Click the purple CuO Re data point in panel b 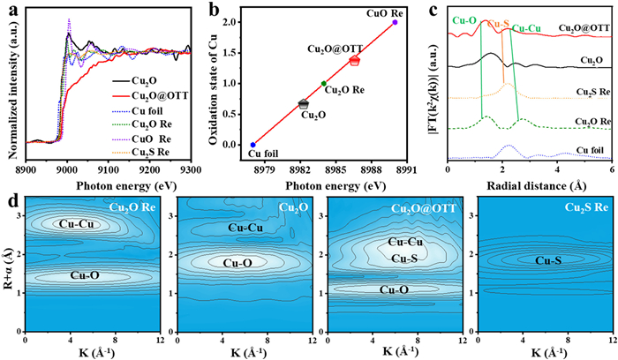click(x=395, y=22)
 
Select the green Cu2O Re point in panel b click(x=323, y=83)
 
